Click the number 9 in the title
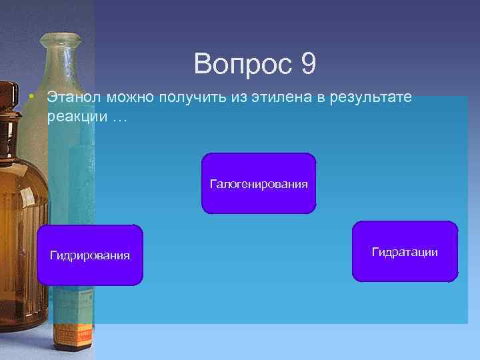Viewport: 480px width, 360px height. (x=308, y=64)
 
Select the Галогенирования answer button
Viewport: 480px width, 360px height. (x=259, y=183)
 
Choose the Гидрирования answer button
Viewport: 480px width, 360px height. (x=90, y=255)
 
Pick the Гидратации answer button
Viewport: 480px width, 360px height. (x=405, y=251)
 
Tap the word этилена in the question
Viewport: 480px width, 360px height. (x=284, y=97)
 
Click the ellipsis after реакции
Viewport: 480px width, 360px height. (x=118, y=117)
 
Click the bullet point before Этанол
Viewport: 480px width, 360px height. (x=32, y=98)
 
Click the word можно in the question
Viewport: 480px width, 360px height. (x=129, y=97)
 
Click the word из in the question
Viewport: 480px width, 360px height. (x=240, y=97)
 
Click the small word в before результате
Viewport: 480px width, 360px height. (x=320, y=97)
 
